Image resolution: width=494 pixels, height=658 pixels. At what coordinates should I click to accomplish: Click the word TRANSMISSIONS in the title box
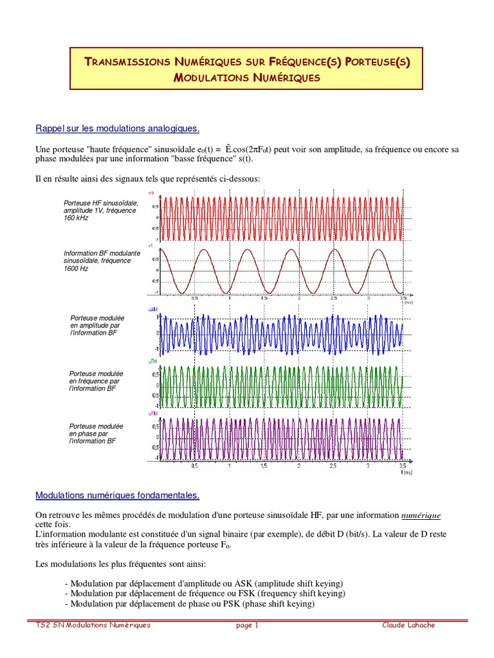(127, 62)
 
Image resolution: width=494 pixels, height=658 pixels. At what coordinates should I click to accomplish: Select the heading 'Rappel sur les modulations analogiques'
(118, 129)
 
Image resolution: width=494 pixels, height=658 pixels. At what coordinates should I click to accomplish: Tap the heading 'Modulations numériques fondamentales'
(118, 495)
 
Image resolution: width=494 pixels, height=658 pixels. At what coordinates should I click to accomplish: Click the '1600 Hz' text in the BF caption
(76, 269)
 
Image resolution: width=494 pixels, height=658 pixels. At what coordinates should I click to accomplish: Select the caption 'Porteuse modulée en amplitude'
(96, 325)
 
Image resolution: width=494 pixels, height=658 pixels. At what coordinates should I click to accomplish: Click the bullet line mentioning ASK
(204, 582)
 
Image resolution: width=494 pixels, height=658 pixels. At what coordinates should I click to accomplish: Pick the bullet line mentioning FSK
(205, 593)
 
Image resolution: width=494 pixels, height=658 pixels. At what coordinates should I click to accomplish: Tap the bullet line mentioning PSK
(190, 605)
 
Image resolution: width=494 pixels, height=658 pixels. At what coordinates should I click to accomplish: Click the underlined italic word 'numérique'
(421, 515)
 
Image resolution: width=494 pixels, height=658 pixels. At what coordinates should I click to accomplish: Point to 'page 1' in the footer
(247, 625)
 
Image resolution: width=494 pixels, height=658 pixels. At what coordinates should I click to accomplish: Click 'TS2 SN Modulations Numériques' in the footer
(93, 625)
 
